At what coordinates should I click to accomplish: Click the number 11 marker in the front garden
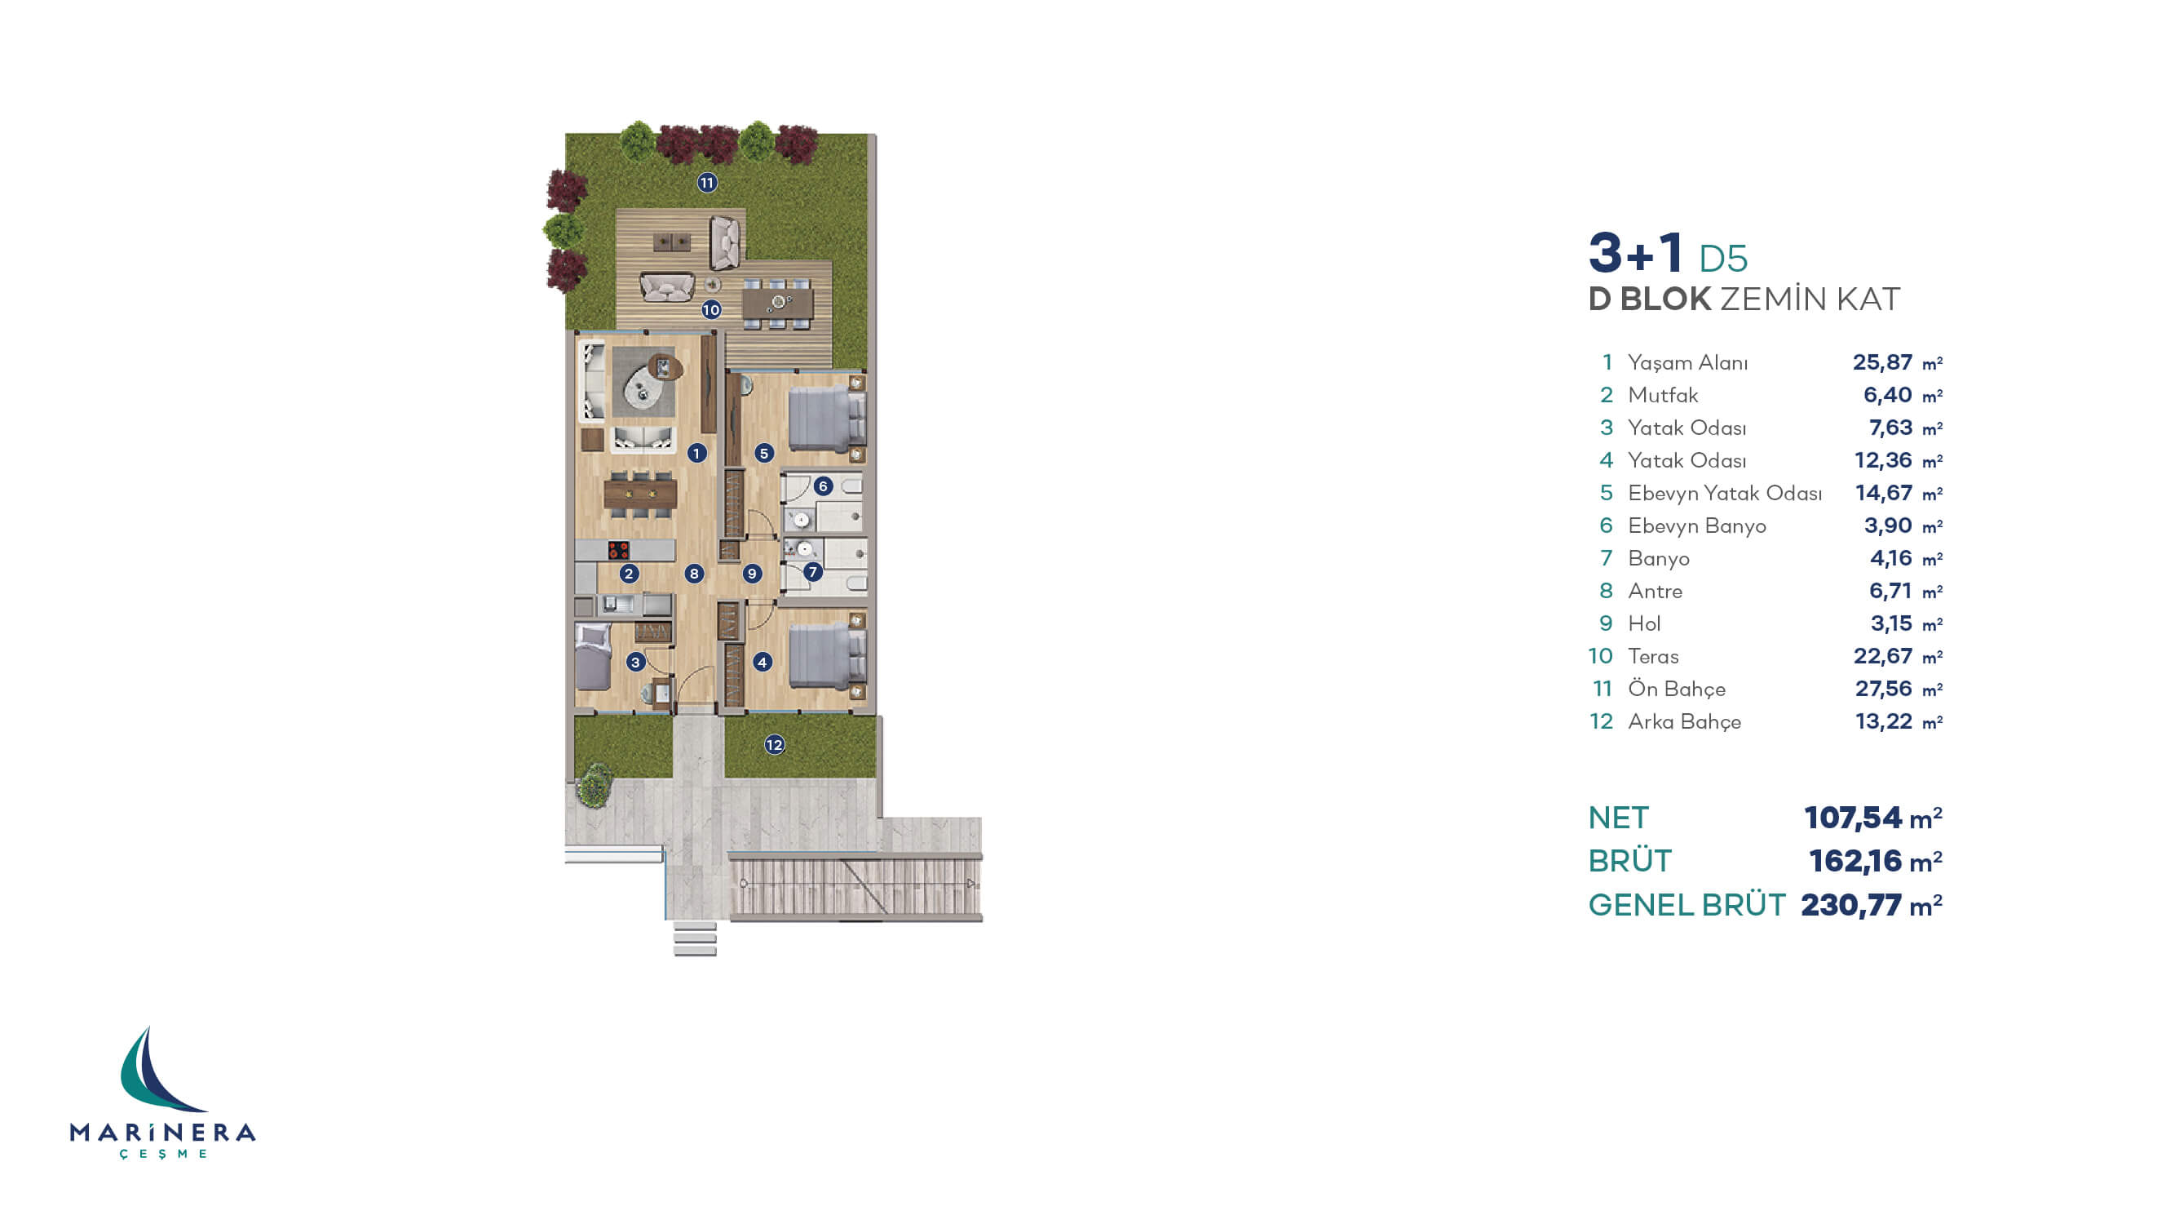pos(707,183)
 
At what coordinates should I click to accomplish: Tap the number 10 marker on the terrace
pos(711,310)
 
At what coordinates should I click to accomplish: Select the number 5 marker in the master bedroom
pos(764,454)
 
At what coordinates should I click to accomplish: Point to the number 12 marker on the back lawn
pos(774,745)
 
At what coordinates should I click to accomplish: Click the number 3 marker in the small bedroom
pos(636,663)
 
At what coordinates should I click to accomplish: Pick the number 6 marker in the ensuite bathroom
pos(823,486)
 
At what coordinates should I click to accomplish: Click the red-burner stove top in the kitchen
pos(619,551)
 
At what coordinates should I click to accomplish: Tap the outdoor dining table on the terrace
pos(778,303)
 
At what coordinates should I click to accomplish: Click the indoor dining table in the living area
pos(641,494)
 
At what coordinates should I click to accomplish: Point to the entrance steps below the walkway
pos(695,938)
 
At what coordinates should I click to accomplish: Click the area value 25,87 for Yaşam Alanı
pos(1882,362)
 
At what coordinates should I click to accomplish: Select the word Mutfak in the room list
pos(1663,395)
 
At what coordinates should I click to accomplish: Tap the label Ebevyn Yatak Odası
pos(1725,494)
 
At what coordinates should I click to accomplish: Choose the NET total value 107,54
pos(1853,818)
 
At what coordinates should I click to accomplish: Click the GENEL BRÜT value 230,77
pos(1850,906)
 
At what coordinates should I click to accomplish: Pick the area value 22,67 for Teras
pos(1883,656)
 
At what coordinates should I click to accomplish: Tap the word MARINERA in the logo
pos(163,1133)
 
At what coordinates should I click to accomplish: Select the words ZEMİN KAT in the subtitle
pos(1810,299)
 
